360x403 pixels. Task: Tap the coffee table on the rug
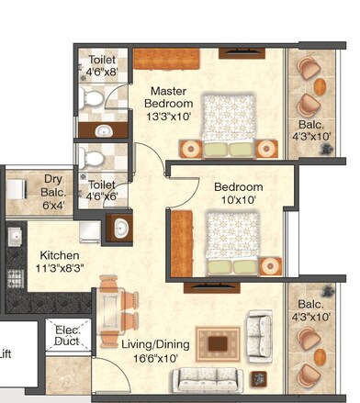pyautogui.click(x=218, y=344)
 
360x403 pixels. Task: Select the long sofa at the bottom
pyautogui.click(x=208, y=378)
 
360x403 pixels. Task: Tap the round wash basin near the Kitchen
pyautogui.click(x=119, y=227)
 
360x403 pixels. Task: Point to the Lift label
pyautogui.click(x=6, y=353)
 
